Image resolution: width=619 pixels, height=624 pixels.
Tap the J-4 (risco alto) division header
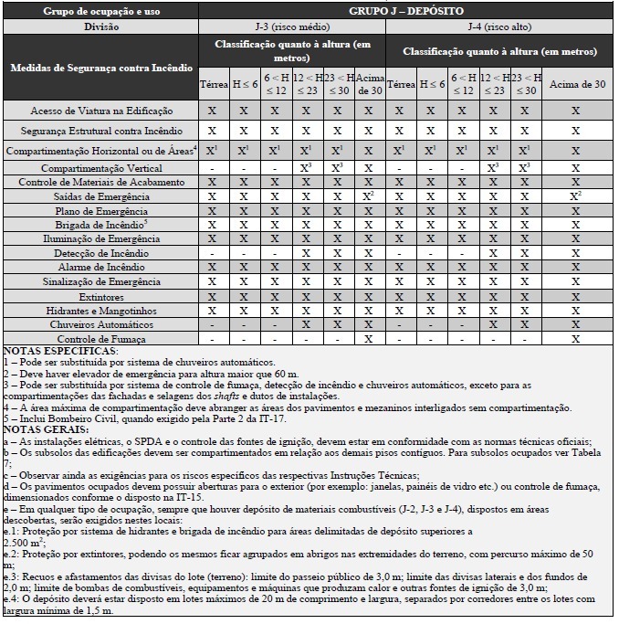500,26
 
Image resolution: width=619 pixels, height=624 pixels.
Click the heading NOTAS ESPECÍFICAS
61,351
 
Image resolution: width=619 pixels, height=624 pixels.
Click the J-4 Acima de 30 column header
574,84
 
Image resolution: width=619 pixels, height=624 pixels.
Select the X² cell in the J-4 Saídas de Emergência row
574,196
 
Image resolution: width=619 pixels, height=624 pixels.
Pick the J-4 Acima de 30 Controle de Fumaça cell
574,339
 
